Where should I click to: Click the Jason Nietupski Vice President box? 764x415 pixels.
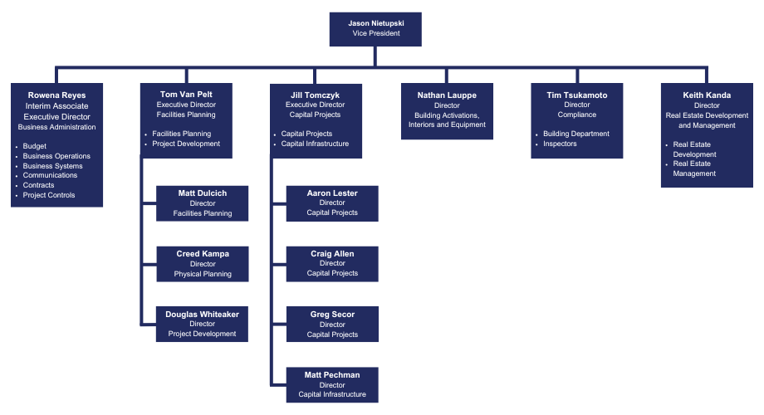375,29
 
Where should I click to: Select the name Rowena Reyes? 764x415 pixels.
56,95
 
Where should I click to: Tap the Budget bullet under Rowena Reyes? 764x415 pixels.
35,146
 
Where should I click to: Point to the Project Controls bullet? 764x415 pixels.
49,195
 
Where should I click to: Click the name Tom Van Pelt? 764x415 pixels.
186,95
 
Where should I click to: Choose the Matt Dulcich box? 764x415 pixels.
202,203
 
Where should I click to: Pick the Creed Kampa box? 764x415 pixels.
202,264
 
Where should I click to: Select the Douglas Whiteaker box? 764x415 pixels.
202,325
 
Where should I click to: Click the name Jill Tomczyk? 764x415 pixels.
316,95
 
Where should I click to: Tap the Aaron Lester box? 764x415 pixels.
332,203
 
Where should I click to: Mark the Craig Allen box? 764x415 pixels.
332,264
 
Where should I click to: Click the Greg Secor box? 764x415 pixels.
332,325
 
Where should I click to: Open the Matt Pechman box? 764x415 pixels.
332,385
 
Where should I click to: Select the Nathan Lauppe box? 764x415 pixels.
447,110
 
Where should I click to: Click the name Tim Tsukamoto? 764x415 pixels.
576,95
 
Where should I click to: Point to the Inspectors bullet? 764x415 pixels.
560,144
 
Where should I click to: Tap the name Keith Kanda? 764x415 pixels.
707,95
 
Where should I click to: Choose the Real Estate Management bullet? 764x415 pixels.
694,168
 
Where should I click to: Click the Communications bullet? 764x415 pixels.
50,175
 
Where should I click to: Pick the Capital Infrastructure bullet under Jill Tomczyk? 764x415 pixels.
315,144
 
